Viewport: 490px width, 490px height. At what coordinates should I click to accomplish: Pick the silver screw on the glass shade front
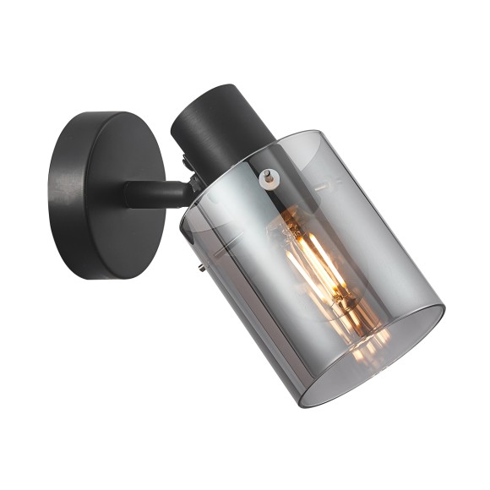point(269,176)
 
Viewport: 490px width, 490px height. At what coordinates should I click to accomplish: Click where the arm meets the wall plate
point(128,194)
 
